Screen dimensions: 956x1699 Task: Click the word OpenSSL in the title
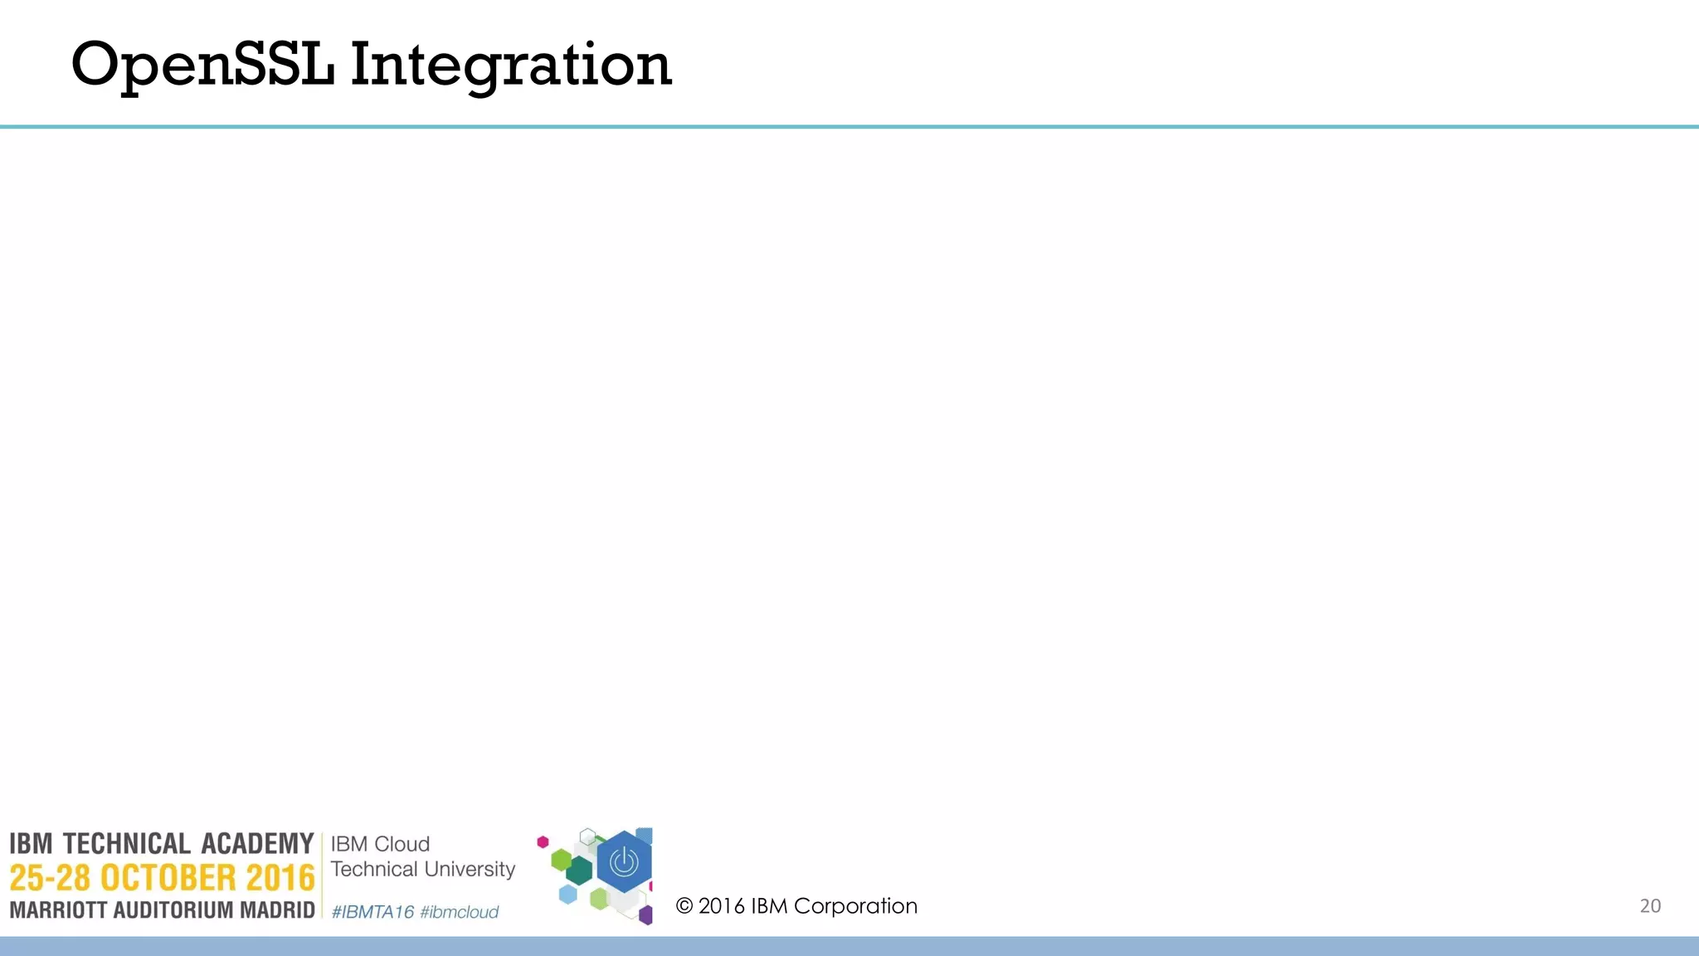pos(202,65)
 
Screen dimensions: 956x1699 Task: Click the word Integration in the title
pos(510,65)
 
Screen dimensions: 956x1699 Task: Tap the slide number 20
pos(1650,905)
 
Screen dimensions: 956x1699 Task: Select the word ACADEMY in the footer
pos(257,844)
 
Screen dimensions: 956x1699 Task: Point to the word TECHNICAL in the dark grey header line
pos(127,844)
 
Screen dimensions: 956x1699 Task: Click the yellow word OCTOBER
pos(168,878)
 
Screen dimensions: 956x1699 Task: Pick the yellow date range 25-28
pos(50,878)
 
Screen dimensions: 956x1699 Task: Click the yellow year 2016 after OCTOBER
pos(280,878)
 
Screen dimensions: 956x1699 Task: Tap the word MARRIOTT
pos(58,910)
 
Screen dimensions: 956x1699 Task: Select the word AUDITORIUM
pos(173,910)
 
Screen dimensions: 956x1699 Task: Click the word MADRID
pos(277,910)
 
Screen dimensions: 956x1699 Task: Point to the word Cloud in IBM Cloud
pos(402,844)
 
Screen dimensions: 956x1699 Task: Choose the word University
pos(470,869)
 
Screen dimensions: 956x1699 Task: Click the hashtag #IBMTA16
pos(372,912)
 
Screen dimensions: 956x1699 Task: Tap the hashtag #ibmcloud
pos(459,912)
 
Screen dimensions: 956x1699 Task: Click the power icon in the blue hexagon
pos(624,862)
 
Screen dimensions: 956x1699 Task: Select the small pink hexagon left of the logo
pos(543,842)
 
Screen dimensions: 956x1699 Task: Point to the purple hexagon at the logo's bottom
pos(645,915)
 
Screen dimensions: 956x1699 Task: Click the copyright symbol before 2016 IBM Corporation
pos(684,905)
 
